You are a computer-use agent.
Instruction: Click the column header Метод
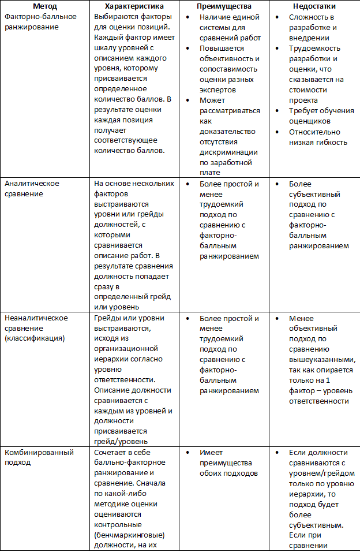pyautogui.click(x=46, y=6)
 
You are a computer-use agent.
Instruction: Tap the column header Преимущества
pyautogui.click(x=224, y=6)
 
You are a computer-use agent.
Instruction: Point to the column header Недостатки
pyautogui.click(x=314, y=6)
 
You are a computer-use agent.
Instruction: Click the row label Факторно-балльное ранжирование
pyautogui.click(x=40, y=21)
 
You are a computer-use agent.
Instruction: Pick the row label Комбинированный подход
pyautogui.click(x=35, y=458)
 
